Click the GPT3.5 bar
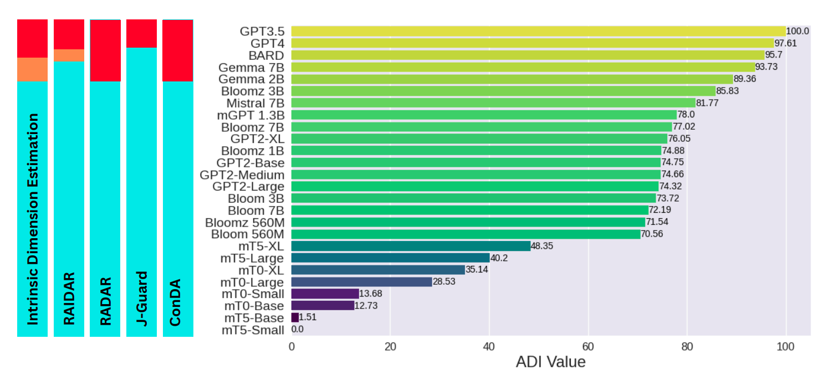pos(538,31)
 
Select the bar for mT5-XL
pos(411,246)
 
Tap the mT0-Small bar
pos(325,294)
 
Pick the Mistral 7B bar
pos(493,103)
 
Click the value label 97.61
pos(786,43)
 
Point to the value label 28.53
pos(444,282)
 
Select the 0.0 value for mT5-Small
pos(298,330)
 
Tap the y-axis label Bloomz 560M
pos(244,222)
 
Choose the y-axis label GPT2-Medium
pos(242,174)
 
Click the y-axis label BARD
pos(267,55)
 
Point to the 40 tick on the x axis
pos(489,347)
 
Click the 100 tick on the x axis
pos(786,347)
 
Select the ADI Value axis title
pos(550,363)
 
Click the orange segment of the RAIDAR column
pos(69,55)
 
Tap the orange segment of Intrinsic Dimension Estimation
pos(32,70)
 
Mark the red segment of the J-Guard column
pos(141,33)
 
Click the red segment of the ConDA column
pos(177,50)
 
